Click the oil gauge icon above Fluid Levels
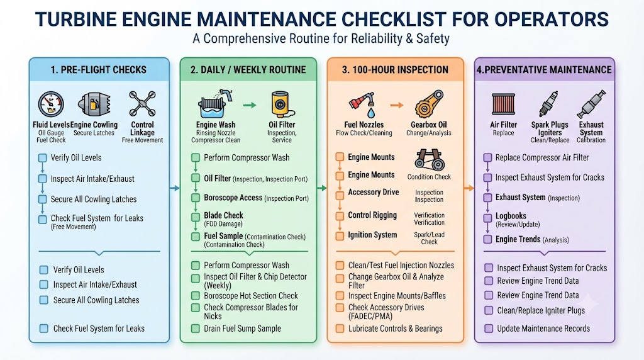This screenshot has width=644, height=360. pyautogui.click(x=51, y=104)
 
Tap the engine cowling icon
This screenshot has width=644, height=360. pyautogui.click(x=94, y=104)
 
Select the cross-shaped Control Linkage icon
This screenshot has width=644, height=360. pyautogui.click(x=142, y=104)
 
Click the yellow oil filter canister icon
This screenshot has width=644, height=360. pyautogui.click(x=282, y=104)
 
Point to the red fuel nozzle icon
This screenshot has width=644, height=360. pyautogui.click(x=362, y=104)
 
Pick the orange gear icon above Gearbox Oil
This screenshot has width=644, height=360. pyautogui.click(x=429, y=104)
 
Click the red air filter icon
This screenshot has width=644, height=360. pyautogui.click(x=503, y=104)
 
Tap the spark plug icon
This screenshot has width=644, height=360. pyautogui.click(x=548, y=104)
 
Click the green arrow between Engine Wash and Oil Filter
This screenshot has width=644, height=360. pyautogui.click(x=249, y=105)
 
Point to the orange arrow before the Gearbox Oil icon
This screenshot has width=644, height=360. pyautogui.click(x=396, y=105)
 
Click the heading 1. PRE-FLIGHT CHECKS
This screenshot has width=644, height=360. pyautogui.click(x=99, y=70)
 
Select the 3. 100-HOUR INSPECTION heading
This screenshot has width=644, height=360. pyautogui.click(x=395, y=70)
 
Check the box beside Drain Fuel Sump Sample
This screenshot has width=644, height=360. pyautogui.click(x=196, y=329)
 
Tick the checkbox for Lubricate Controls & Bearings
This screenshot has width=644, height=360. pyautogui.click(x=340, y=329)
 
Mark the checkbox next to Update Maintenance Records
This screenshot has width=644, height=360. pyautogui.click(x=488, y=329)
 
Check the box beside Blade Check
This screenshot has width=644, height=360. pyautogui.click(x=196, y=217)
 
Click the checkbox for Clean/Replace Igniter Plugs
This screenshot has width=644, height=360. pyautogui.click(x=488, y=310)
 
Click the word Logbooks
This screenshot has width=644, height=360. pyautogui.click(x=511, y=216)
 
